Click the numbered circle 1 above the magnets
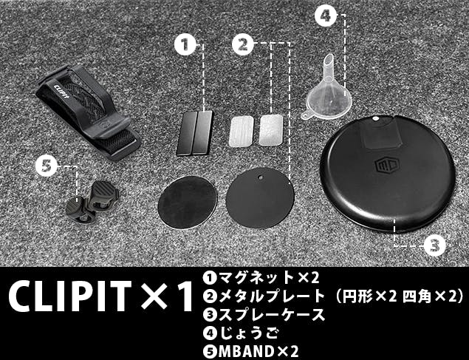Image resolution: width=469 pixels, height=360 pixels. (x=185, y=44)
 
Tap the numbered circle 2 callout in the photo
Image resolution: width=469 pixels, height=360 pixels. (x=243, y=44)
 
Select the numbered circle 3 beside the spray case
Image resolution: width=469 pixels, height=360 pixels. (x=434, y=245)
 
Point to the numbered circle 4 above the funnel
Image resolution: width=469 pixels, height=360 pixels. (x=326, y=15)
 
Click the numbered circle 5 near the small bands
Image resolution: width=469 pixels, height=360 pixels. (x=47, y=166)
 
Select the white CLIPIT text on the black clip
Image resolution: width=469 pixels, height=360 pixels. (x=62, y=92)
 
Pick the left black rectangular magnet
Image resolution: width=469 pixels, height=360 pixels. (x=187, y=134)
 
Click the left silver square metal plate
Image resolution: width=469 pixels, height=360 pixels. (x=242, y=132)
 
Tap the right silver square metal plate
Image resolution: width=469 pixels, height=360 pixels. (x=270, y=130)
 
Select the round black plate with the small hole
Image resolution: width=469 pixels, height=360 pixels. (x=260, y=198)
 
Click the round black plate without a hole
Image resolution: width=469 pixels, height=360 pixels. (x=188, y=203)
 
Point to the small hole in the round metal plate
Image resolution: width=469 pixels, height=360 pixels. (x=261, y=177)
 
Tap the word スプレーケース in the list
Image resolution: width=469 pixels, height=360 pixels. (x=272, y=314)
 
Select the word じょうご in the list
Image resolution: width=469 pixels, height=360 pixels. (x=248, y=333)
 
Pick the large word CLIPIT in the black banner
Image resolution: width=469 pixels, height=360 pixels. (x=69, y=296)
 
